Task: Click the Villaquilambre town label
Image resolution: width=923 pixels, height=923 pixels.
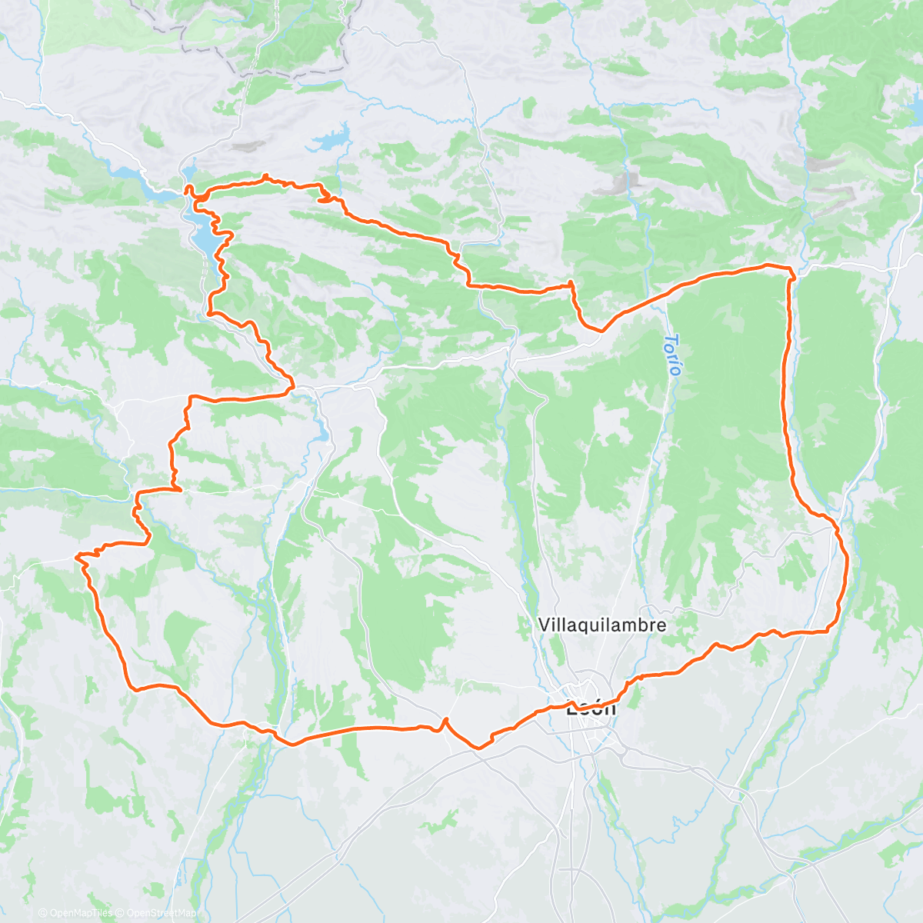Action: tap(601, 625)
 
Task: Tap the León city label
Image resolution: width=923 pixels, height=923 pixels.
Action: tap(591, 708)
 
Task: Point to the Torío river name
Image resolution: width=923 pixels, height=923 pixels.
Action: tap(674, 355)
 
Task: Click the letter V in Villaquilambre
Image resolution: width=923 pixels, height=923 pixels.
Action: tap(544, 625)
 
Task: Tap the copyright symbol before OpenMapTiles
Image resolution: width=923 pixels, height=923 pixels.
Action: tap(43, 913)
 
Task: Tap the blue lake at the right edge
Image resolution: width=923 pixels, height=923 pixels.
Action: tap(917, 112)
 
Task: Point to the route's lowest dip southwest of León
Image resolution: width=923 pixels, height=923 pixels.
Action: tap(478, 747)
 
